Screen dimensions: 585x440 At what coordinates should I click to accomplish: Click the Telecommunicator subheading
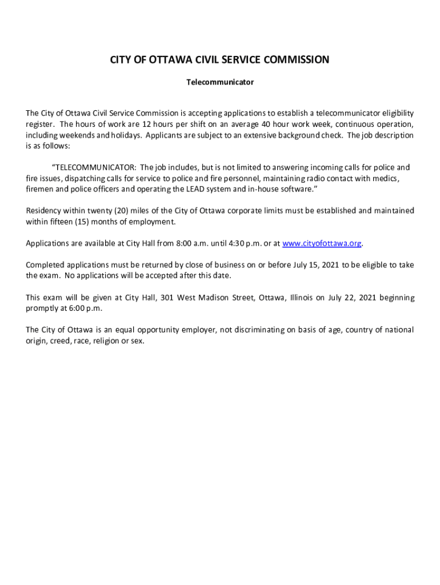220,82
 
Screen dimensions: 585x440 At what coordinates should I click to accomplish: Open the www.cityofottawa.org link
322,243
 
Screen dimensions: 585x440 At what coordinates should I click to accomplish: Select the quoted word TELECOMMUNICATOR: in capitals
94,167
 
